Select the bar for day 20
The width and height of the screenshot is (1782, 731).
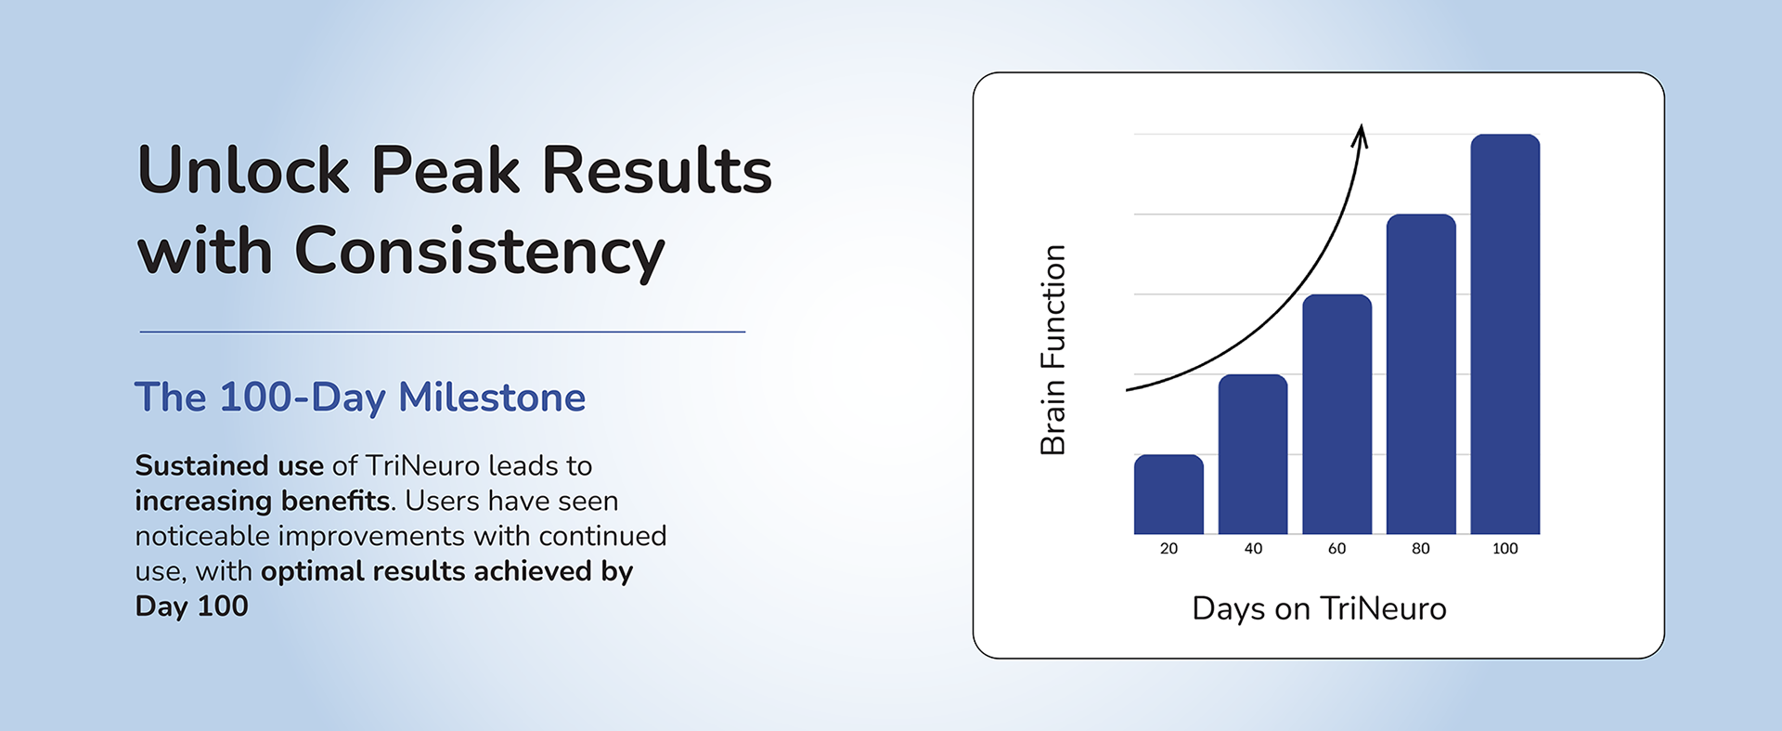click(1169, 494)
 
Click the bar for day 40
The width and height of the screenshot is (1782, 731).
click(1253, 454)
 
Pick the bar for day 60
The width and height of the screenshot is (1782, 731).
click(1337, 414)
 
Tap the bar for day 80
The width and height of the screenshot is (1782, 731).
click(1421, 374)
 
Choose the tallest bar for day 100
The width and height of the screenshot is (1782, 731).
click(1505, 334)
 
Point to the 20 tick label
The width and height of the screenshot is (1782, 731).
click(1169, 549)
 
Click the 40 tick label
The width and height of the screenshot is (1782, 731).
click(1253, 549)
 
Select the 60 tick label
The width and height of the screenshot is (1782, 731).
click(1336, 549)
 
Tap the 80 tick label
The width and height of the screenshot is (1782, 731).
click(1421, 549)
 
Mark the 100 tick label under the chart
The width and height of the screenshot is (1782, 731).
click(1505, 549)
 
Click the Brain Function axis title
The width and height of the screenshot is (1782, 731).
click(1052, 350)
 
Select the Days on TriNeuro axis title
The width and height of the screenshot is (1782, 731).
click(1319, 608)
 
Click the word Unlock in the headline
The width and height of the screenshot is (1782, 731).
click(244, 171)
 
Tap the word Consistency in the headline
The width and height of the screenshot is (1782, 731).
click(480, 251)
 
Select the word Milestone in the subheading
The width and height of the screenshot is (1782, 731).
click(492, 398)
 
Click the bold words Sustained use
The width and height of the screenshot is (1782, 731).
click(229, 465)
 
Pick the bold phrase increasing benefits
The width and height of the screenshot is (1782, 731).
click(263, 501)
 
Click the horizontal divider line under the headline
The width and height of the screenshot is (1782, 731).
click(443, 332)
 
